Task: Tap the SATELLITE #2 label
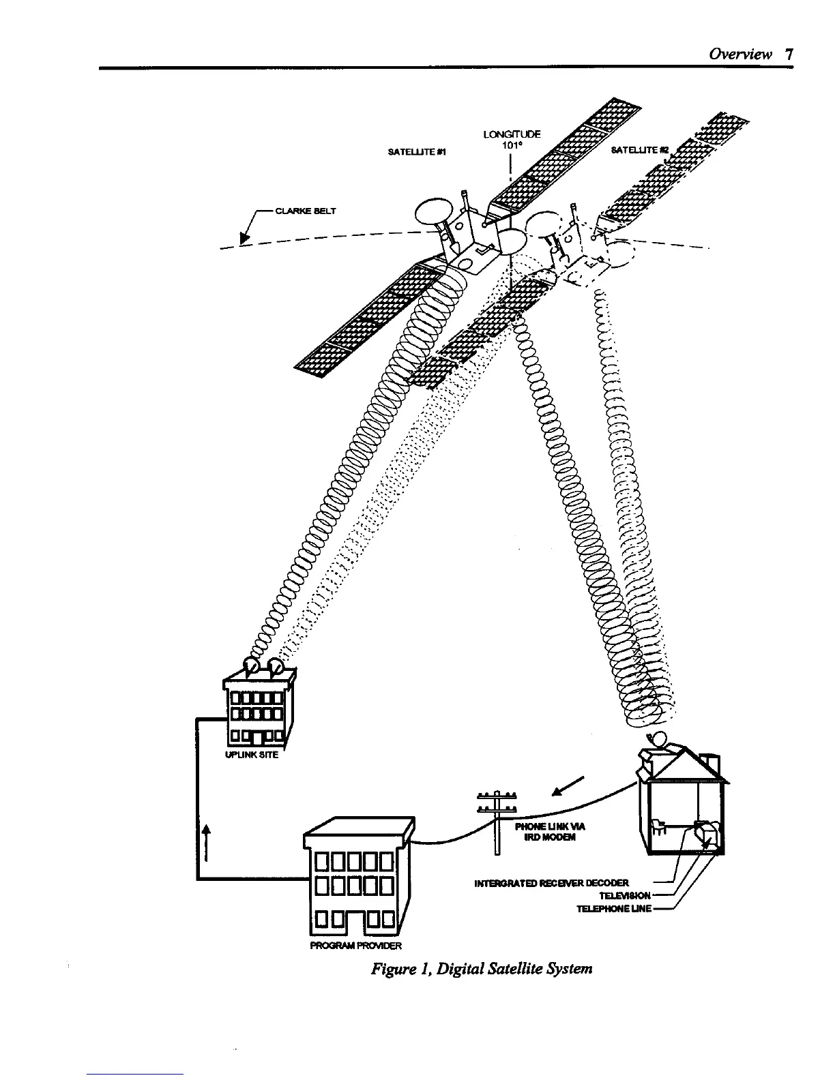[x=639, y=149]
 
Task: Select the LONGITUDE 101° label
[x=512, y=140]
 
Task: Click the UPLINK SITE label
[x=252, y=755]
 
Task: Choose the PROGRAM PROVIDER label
[x=356, y=946]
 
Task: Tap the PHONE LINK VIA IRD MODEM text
[x=550, y=832]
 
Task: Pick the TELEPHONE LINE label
[x=614, y=908]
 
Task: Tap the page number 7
[x=789, y=55]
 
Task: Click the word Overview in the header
[x=740, y=55]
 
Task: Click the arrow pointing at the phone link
[x=568, y=787]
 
